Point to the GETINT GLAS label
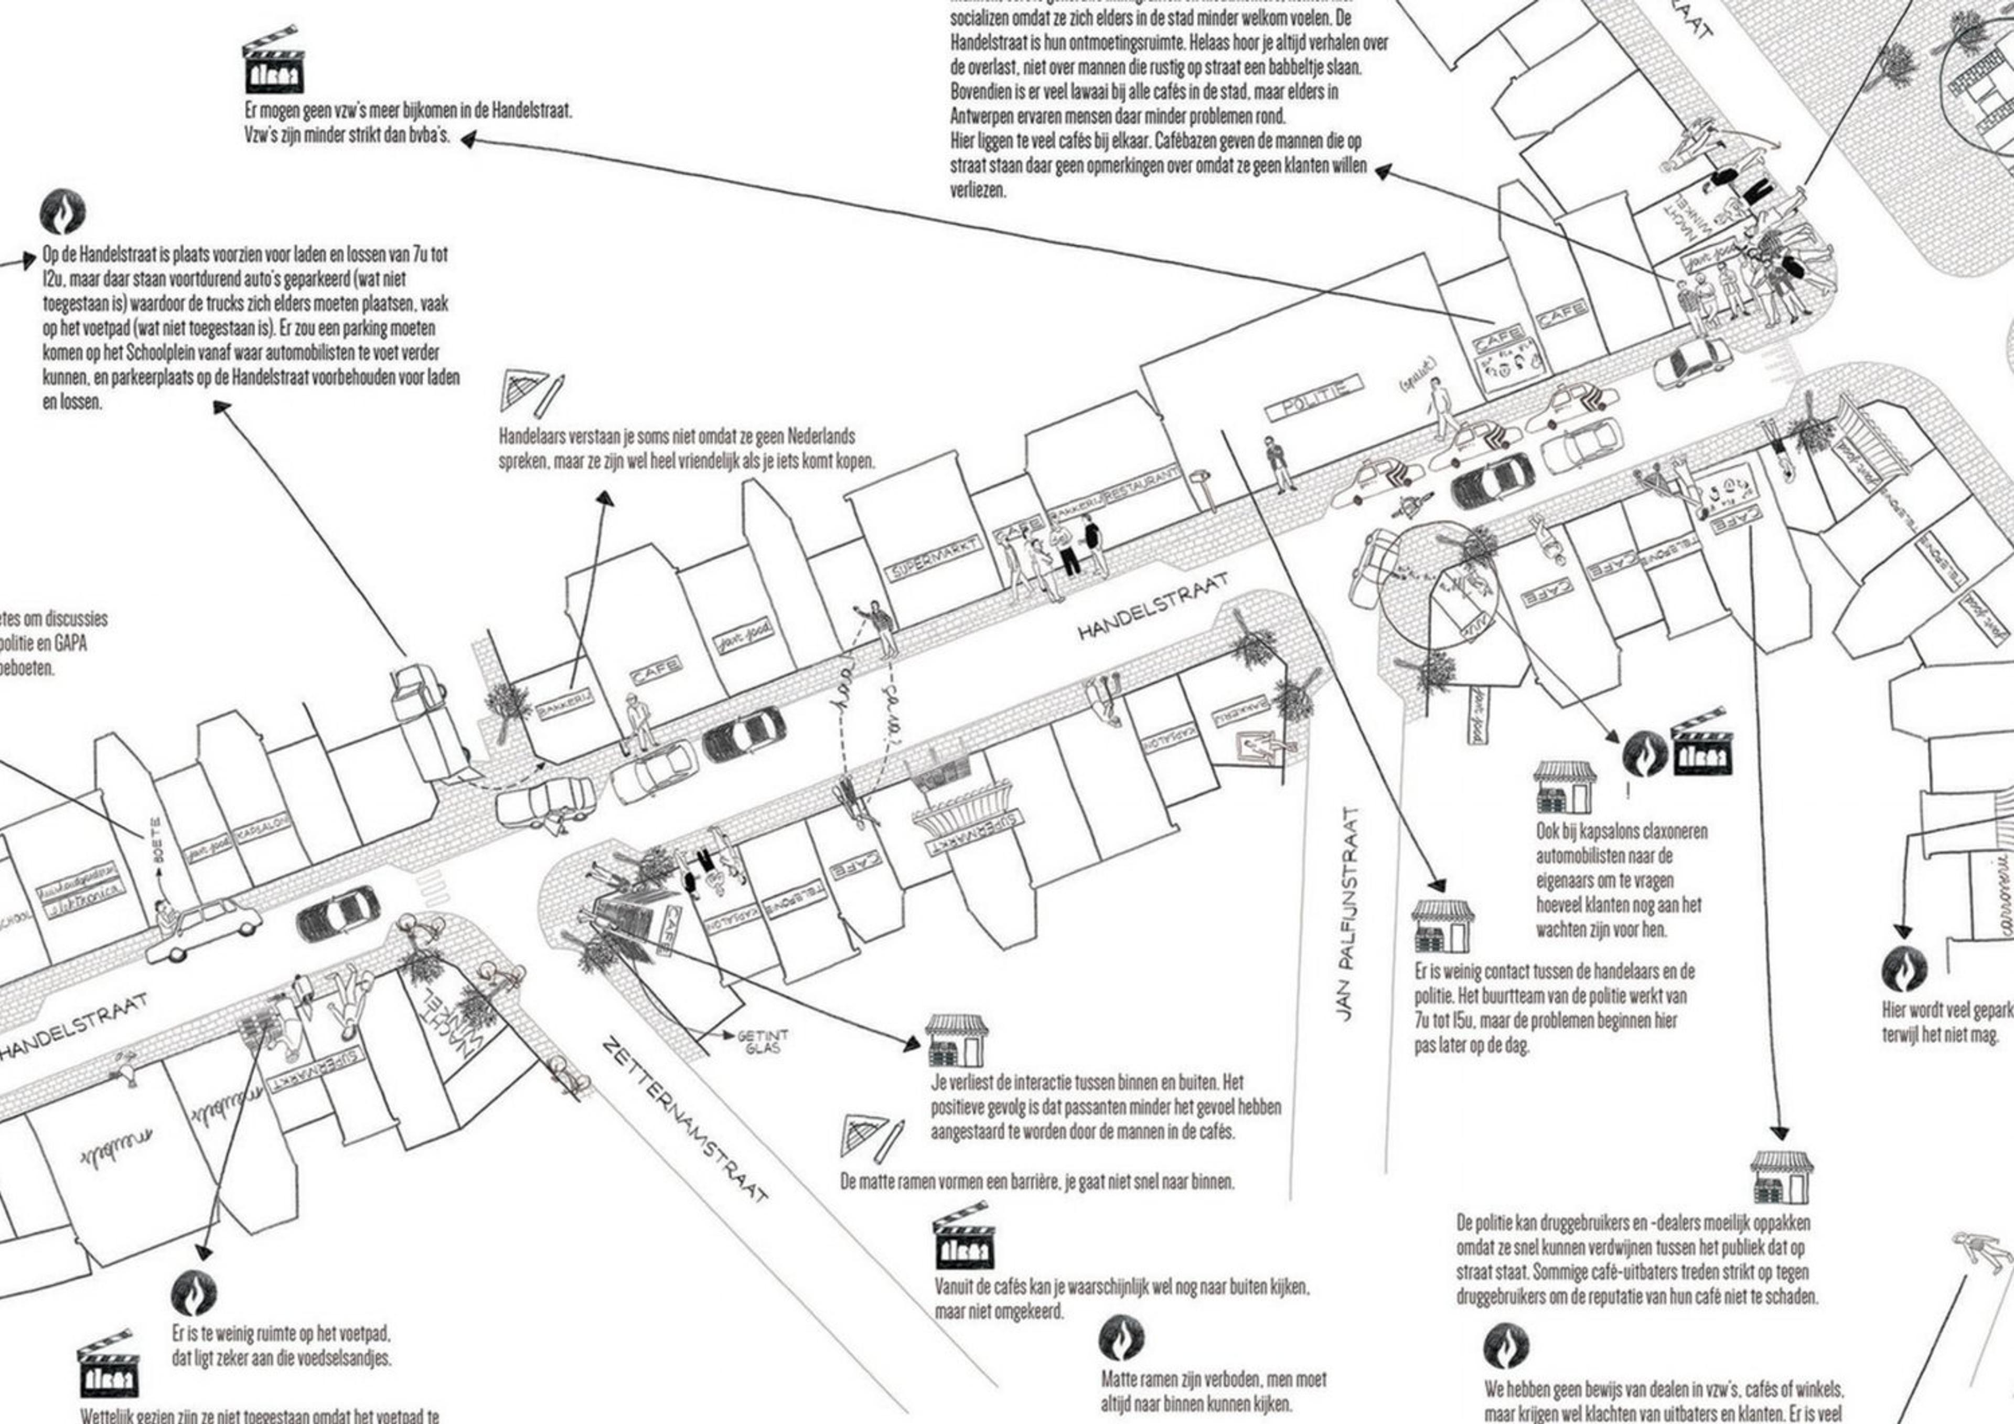point(762,1042)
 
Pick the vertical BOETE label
point(157,839)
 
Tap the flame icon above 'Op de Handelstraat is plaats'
point(63,212)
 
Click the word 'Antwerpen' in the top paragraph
point(988,115)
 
